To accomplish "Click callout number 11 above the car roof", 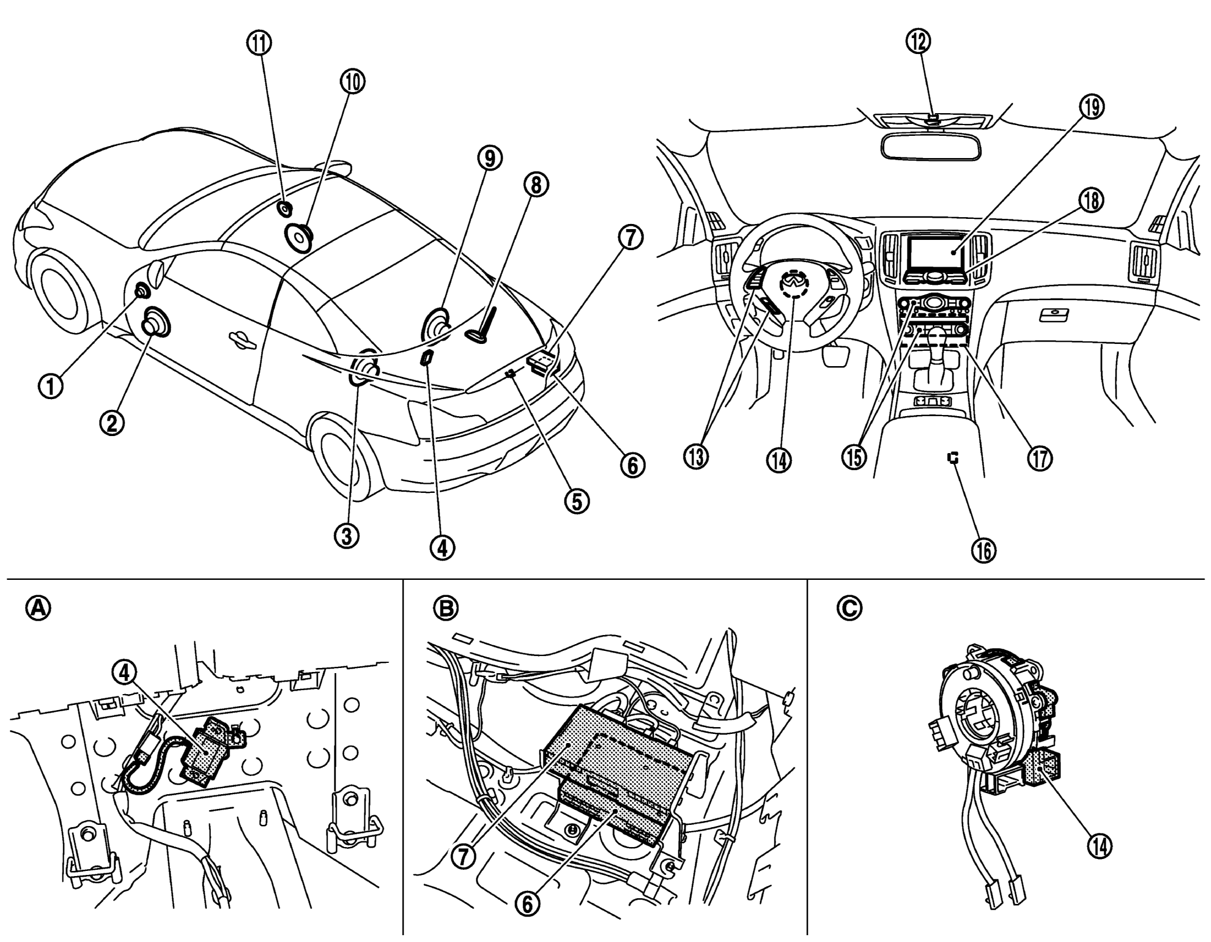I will pyautogui.click(x=263, y=44).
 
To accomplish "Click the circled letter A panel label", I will pyautogui.click(x=38, y=609).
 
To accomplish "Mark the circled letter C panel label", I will pyautogui.click(x=849, y=609).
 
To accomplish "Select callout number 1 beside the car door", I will pyautogui.click(x=51, y=387).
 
